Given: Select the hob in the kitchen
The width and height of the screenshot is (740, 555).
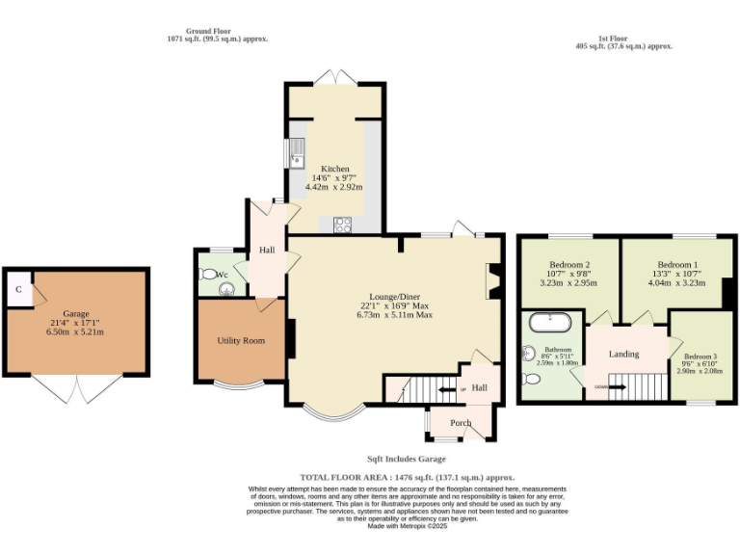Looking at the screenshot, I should (342, 225).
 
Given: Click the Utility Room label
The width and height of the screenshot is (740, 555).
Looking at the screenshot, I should (241, 341).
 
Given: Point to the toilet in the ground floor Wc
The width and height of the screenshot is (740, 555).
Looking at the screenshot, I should (209, 274).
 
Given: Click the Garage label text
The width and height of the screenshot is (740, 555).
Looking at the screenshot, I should (76, 314).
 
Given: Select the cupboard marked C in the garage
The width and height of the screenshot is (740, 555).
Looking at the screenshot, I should (18, 290).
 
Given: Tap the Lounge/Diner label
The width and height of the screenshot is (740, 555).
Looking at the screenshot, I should (394, 296).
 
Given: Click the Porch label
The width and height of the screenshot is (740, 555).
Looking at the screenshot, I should (461, 423).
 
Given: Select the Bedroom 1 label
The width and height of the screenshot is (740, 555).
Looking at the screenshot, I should (676, 265).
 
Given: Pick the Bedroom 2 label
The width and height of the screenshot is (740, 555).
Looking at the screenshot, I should (569, 265).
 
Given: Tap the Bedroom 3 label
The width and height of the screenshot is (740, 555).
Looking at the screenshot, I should (700, 357).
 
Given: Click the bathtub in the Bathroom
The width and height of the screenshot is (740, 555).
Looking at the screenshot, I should (550, 318).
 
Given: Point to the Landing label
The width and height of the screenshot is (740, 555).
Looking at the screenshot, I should (623, 354).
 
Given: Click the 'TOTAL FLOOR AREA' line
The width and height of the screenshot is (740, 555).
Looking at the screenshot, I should (407, 477).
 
